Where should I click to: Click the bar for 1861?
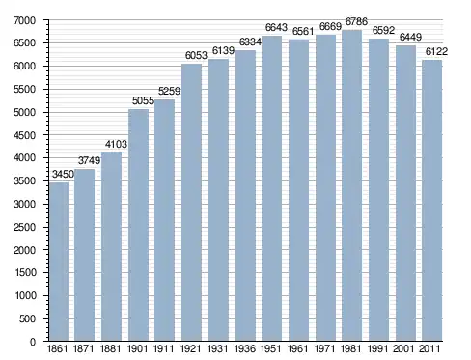pyautogui.click(x=59, y=262)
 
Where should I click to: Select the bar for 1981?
pyautogui.click(x=352, y=185)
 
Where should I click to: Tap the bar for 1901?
pyautogui.click(x=139, y=225)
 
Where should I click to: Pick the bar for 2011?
pyautogui.click(x=432, y=201)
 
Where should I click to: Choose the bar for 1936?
pyautogui.click(x=245, y=196)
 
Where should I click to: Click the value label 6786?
pyautogui.click(x=356, y=22)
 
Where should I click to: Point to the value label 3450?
pyautogui.click(x=63, y=174)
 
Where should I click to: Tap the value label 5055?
pyautogui.click(x=143, y=100)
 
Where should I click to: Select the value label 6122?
pyautogui.click(x=436, y=51)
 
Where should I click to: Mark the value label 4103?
pyautogui.click(x=116, y=144)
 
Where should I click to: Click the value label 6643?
pyautogui.click(x=276, y=27)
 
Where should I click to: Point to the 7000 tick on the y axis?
pyautogui.click(x=25, y=20)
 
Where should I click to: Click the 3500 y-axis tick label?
pyautogui.click(x=25, y=180)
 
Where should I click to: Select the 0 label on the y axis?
pyautogui.click(x=33, y=342)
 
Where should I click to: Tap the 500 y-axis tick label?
pyautogui.click(x=27, y=318)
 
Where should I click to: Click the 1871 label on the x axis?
pyautogui.click(x=84, y=348)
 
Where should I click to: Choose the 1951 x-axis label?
pyautogui.click(x=271, y=348)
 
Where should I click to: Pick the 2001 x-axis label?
pyautogui.click(x=403, y=348)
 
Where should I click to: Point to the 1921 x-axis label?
pyautogui.click(x=191, y=348)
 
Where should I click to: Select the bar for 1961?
pyautogui.click(x=298, y=190)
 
